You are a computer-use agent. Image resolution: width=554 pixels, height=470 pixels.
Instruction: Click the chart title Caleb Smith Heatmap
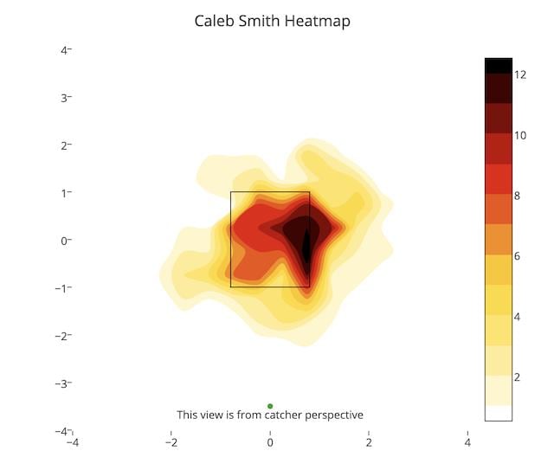point(272,21)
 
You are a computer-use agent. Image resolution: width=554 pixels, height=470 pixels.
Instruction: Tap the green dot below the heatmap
point(270,406)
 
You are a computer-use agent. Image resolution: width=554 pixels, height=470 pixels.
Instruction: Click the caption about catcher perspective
point(270,415)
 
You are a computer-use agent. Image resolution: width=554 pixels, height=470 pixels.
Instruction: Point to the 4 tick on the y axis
point(65,50)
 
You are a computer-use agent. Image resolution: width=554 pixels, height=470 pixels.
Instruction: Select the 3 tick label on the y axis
point(65,98)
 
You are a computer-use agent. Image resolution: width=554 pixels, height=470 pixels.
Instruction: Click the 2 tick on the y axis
point(65,145)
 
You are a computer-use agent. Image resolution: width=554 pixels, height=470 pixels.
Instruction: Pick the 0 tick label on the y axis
point(65,241)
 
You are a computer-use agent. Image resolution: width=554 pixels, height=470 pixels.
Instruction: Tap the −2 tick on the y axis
point(62,336)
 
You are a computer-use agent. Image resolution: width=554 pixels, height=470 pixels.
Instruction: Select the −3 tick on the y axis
point(62,383)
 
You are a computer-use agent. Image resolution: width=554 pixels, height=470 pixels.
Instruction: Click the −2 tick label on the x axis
point(171,443)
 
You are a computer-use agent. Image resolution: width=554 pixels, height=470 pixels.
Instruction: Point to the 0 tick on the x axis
point(270,443)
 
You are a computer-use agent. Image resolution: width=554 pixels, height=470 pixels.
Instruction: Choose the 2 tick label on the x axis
point(369,443)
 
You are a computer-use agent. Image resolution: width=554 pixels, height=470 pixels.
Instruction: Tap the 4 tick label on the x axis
point(467,443)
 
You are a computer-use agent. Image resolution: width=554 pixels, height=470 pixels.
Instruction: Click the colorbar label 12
point(520,75)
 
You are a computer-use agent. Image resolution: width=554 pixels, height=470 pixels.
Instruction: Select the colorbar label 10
point(520,136)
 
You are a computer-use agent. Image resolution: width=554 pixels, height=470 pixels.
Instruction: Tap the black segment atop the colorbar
point(498,65)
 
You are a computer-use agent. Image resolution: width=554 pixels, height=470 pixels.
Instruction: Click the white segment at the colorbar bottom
point(498,413)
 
